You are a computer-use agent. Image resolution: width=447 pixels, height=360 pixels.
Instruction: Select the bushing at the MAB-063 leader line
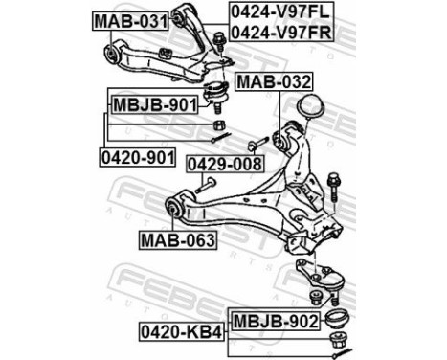pyautogui.click(x=175, y=205)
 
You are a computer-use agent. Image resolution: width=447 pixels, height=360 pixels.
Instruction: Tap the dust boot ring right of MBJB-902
pyautogui.click(x=337, y=318)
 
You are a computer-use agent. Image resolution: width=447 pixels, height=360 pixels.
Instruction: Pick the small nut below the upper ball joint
pyautogui.click(x=217, y=125)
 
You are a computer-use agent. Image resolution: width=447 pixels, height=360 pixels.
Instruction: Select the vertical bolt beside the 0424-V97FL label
pyautogui.click(x=218, y=38)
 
